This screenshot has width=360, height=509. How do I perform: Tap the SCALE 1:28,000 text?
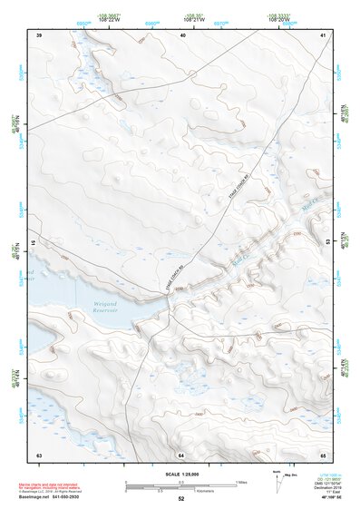point(180,473)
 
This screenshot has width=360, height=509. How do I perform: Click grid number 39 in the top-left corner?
point(39,34)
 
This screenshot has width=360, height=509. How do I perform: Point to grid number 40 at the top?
point(183,34)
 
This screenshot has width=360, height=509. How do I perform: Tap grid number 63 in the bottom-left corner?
point(39,453)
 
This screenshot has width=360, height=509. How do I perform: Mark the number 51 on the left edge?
point(32,243)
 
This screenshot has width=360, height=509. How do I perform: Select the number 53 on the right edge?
point(328,243)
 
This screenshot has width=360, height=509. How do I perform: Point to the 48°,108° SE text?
point(318,499)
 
